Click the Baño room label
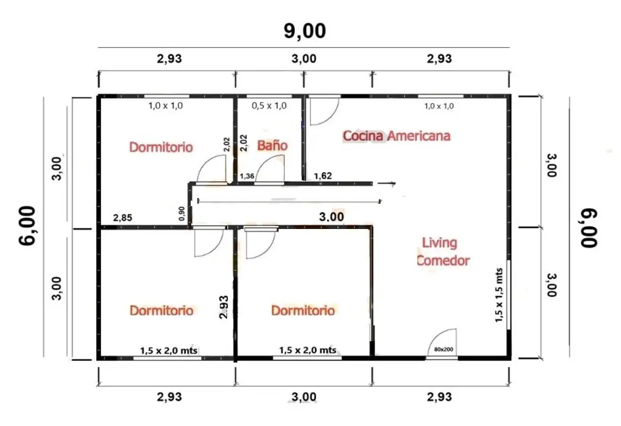click(x=272, y=146)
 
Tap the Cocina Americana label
click(x=396, y=136)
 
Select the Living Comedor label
click(x=443, y=251)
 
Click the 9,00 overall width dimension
click(x=305, y=31)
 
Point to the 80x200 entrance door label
click(x=443, y=349)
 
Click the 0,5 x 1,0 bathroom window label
click(x=269, y=106)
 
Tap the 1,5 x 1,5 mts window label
click(x=499, y=295)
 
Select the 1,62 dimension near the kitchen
click(x=323, y=176)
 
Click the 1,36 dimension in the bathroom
click(x=247, y=176)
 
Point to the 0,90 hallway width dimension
click(x=182, y=214)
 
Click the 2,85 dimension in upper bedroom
click(x=123, y=217)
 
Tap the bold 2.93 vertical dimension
click(x=224, y=307)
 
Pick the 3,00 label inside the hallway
click(x=331, y=217)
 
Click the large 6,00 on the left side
click(x=28, y=226)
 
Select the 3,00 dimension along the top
click(x=304, y=59)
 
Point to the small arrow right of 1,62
click(x=386, y=183)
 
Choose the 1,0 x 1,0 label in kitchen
click(x=439, y=106)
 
